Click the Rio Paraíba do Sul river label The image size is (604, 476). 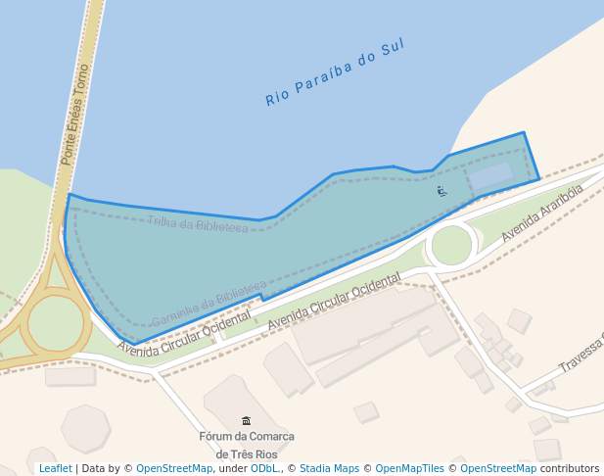(335, 71)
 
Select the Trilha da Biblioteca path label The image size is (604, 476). (198, 224)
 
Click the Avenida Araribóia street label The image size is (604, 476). (541, 213)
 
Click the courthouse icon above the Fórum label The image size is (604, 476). (246, 420)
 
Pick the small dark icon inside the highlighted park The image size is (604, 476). (441, 190)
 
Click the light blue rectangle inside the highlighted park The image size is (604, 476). (490, 177)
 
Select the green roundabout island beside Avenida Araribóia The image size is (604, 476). (451, 245)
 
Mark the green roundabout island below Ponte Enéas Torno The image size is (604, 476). (56, 323)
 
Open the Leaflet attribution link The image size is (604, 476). (55, 469)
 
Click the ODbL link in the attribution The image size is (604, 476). (263, 469)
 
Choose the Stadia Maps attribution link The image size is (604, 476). (329, 469)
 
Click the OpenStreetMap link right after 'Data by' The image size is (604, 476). (173, 469)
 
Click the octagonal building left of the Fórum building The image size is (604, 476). (85, 428)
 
